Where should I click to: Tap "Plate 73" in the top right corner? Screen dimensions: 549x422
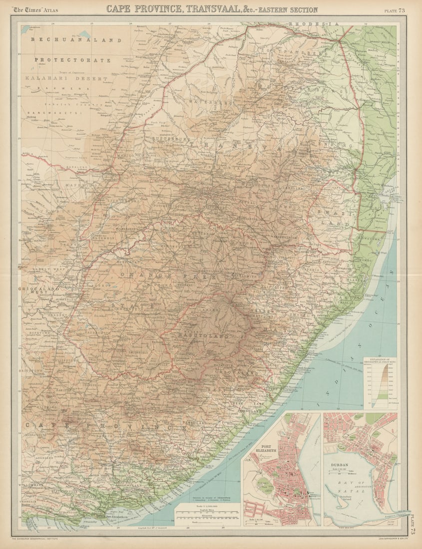[395, 10]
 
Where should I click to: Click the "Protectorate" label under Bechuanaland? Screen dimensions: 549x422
[72, 60]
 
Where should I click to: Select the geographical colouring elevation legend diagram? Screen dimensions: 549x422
[379, 382]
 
